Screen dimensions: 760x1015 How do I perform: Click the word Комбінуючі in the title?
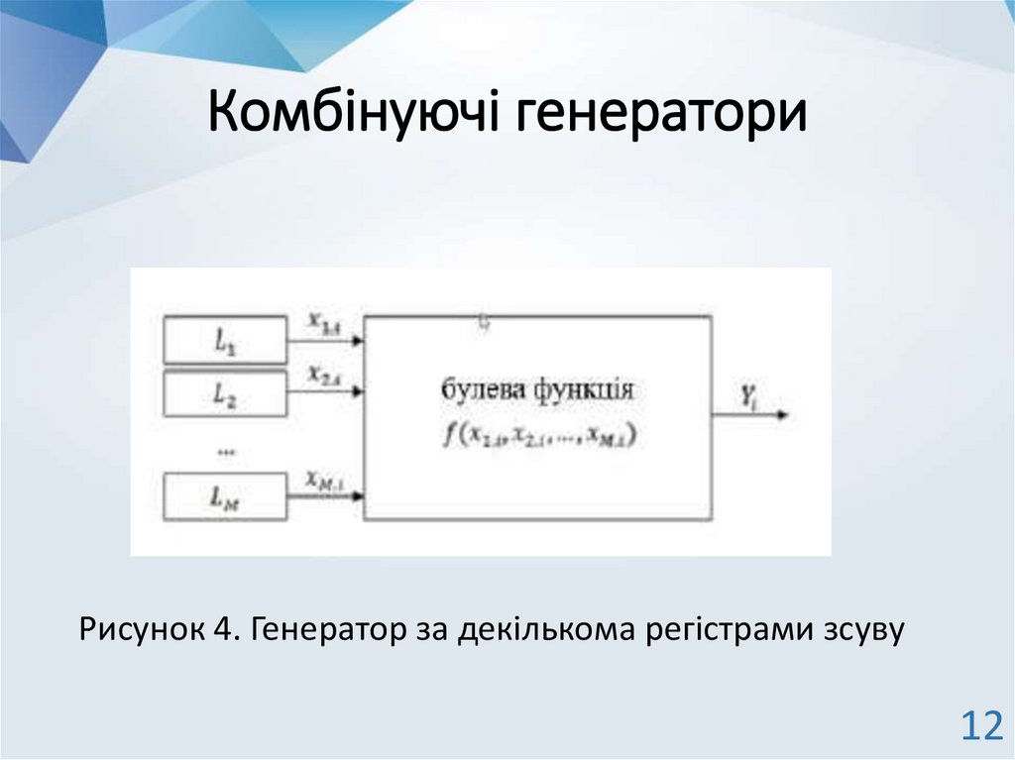click(356, 113)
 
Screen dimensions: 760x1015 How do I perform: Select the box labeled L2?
click(224, 393)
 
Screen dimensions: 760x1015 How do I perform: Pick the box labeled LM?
click(224, 498)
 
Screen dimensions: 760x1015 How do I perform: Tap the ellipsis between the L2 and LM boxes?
click(225, 451)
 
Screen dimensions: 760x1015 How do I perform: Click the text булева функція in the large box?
click(536, 388)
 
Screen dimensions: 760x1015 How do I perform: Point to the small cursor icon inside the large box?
click(485, 321)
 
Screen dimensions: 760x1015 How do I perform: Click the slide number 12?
click(980, 727)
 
